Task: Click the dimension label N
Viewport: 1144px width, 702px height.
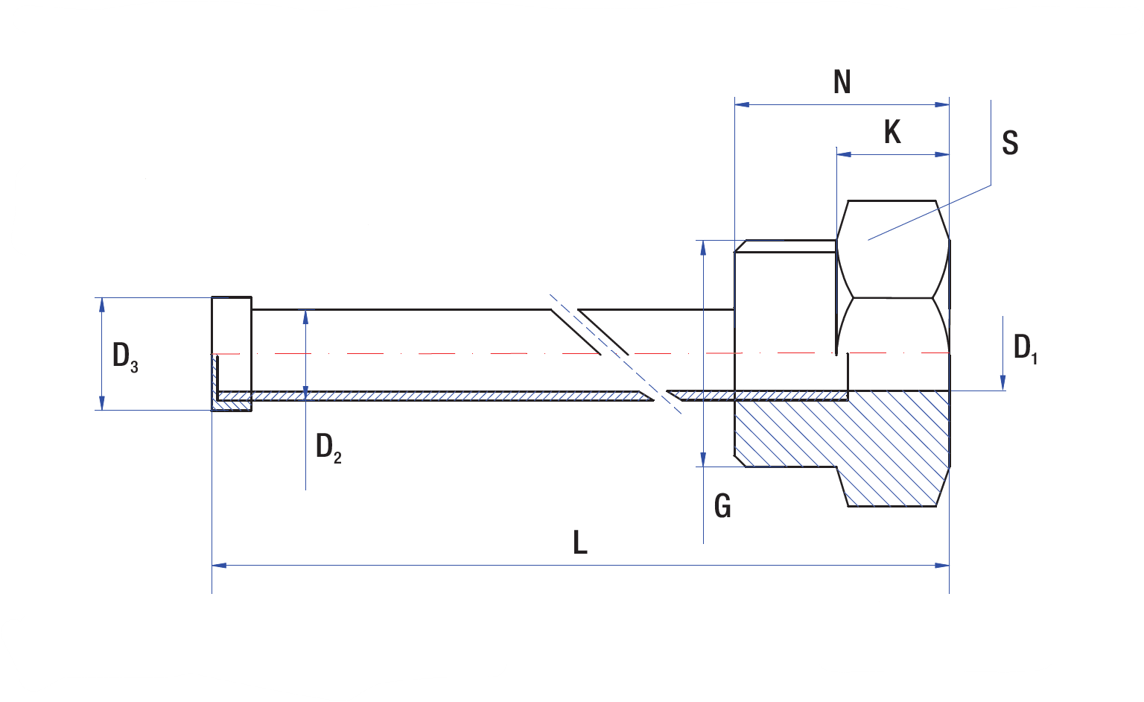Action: [x=842, y=83]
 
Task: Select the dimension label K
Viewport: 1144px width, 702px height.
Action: [x=892, y=133]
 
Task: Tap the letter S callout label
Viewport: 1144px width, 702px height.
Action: [x=1010, y=142]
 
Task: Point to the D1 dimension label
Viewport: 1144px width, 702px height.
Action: [x=1025, y=349]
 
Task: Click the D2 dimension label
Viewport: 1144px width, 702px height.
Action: [x=328, y=448]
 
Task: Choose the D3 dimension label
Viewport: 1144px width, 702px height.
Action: [x=125, y=357]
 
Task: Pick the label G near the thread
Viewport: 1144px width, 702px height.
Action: [x=722, y=507]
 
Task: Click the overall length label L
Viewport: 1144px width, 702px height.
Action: [x=580, y=543]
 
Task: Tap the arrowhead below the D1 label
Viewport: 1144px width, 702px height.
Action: [x=1003, y=383]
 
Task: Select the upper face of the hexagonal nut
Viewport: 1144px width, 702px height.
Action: [x=892, y=249]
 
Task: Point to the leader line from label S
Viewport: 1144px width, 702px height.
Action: [x=931, y=212]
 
